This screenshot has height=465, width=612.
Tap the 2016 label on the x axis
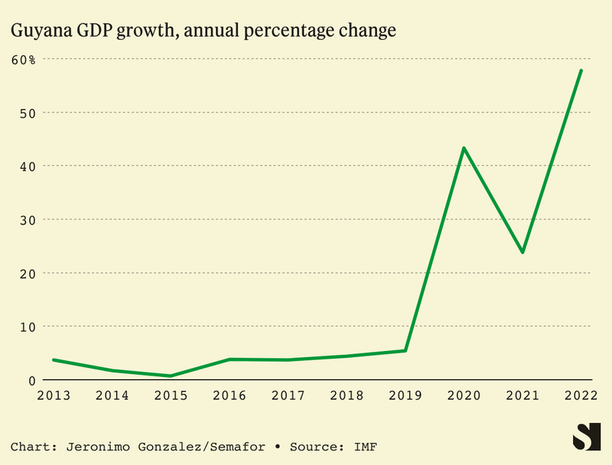(x=229, y=395)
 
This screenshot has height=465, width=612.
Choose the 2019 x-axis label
(x=405, y=395)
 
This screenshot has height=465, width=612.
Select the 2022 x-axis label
(x=581, y=395)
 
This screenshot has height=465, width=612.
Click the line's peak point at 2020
(x=464, y=148)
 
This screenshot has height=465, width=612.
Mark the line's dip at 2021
(x=522, y=252)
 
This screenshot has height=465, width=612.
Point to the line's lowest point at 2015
(x=170, y=376)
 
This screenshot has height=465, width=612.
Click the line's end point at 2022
(x=581, y=70)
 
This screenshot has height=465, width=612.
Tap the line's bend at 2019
(x=405, y=350)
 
